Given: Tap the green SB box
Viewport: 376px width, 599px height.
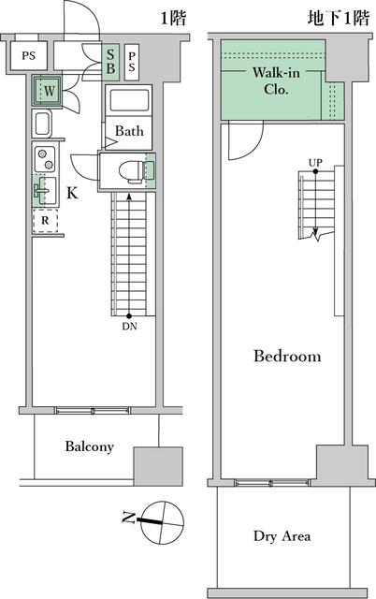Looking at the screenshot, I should (110, 61).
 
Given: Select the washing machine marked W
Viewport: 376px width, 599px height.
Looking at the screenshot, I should (47, 92).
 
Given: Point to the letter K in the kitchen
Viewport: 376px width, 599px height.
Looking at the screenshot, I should (71, 194).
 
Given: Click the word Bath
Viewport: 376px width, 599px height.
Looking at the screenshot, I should (129, 132).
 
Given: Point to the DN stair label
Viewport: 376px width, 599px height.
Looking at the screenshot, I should (128, 327).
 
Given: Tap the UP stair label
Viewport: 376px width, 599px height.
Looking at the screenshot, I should (315, 162).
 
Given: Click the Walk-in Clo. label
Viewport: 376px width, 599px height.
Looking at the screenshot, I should (275, 81).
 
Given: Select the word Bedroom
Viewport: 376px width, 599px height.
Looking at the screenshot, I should (287, 357).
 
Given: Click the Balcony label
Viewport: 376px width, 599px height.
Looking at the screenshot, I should (90, 446).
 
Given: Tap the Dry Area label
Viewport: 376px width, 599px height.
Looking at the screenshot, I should (282, 536).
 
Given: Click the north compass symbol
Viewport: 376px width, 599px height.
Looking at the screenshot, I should (155, 515).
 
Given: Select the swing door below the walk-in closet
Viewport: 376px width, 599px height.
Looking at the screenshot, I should (239, 140).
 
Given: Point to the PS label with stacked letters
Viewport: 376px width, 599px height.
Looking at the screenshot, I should (131, 61).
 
